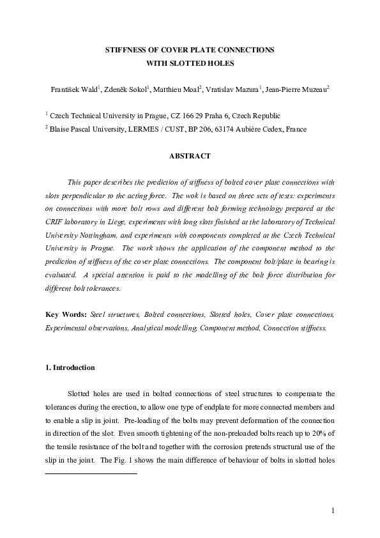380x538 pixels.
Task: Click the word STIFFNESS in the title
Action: tap(127, 50)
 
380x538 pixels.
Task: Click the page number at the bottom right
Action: tap(333, 511)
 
